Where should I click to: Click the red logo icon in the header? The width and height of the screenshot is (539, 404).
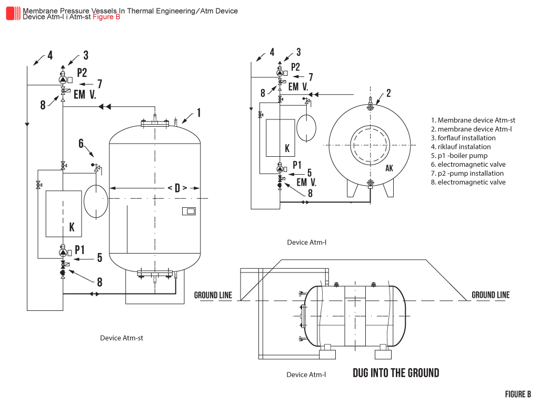(x=13, y=13)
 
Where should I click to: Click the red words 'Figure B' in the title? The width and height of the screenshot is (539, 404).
(x=106, y=17)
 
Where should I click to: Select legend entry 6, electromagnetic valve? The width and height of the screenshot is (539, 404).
(x=472, y=165)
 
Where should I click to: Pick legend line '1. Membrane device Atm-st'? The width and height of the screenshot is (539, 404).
(x=473, y=120)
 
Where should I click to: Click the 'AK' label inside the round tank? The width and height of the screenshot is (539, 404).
(x=389, y=168)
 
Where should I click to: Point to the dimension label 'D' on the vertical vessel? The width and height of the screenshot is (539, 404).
(x=177, y=188)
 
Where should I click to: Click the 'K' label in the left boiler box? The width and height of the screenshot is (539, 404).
(x=72, y=227)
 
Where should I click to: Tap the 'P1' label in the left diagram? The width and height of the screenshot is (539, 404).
(x=80, y=249)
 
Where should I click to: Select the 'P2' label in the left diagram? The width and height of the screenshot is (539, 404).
(x=82, y=73)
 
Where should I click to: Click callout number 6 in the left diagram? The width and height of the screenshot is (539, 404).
(x=81, y=144)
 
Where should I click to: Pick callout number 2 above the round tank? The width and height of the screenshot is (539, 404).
(x=388, y=93)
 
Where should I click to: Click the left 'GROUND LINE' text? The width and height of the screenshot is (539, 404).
(x=213, y=295)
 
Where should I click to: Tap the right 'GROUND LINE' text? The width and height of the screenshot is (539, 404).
(x=491, y=295)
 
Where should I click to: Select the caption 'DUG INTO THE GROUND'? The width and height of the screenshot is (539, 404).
(x=396, y=373)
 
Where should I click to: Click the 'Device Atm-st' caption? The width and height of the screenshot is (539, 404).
(x=122, y=338)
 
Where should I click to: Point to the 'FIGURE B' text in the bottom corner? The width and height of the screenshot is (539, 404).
(x=518, y=395)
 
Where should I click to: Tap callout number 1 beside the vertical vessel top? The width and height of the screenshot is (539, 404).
(x=199, y=112)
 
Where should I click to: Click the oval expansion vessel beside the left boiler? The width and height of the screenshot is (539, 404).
(x=95, y=200)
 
